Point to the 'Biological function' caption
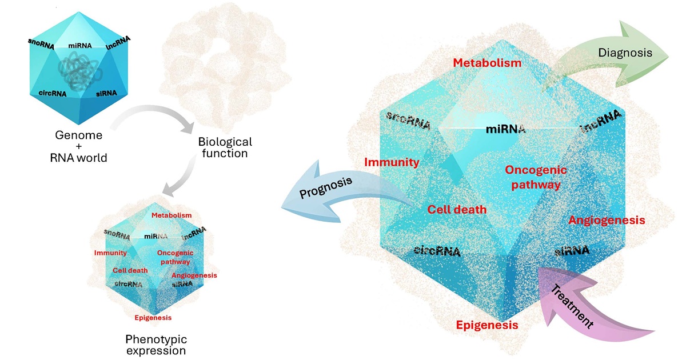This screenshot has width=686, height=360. pyautogui.click(x=225, y=147)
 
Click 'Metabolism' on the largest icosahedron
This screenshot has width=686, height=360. pyautogui.click(x=487, y=63)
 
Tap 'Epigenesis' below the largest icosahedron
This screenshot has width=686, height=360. pyautogui.click(x=487, y=325)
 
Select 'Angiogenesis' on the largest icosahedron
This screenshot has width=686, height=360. pyautogui.click(x=607, y=220)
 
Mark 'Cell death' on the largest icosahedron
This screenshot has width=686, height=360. pyautogui.click(x=457, y=209)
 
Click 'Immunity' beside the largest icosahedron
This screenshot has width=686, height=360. pyautogui.click(x=392, y=162)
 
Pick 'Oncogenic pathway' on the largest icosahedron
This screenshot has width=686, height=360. pyautogui.click(x=536, y=177)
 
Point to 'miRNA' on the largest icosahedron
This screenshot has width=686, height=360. pyautogui.click(x=505, y=129)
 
